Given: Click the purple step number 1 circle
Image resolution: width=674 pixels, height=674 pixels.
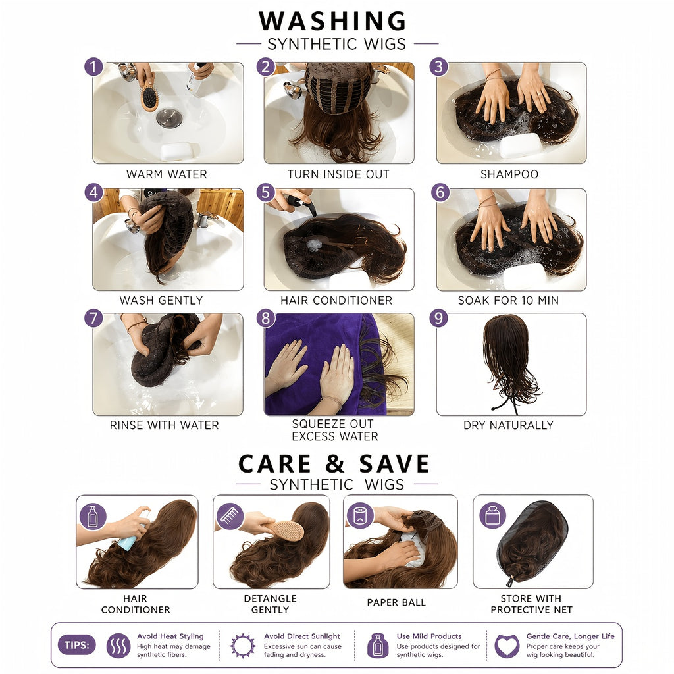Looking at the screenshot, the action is [93, 66].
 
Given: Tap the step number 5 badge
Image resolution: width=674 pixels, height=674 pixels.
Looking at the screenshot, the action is [266, 192].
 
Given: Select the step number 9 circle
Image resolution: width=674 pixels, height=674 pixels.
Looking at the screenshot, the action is [438, 318].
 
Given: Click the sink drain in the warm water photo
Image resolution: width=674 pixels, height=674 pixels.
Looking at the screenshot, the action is [169, 118].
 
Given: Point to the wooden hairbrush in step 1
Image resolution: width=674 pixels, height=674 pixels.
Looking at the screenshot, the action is [149, 97].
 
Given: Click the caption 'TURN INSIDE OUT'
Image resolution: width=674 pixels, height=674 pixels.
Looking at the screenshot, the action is [338, 174].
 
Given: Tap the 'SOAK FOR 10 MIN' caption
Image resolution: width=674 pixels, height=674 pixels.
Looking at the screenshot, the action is [508, 300].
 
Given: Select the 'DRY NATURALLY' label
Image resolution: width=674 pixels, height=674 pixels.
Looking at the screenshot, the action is [508, 425].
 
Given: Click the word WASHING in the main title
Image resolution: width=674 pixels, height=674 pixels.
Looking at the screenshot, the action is [332, 20].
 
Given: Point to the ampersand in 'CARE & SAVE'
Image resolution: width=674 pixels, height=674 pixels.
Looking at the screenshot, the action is [335, 463].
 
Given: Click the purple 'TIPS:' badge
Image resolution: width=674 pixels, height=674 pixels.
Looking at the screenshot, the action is [77, 645].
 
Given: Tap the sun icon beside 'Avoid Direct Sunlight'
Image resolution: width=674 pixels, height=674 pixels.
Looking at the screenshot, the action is [243, 646].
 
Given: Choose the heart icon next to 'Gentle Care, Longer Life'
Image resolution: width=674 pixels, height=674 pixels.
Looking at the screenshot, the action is [507, 646].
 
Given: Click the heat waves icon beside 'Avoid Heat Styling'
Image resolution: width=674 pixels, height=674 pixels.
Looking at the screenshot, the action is [118, 646].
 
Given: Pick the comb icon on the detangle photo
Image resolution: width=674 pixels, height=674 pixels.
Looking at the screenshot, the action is [230, 516].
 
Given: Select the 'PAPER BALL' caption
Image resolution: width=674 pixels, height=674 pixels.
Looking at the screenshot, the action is [396, 603].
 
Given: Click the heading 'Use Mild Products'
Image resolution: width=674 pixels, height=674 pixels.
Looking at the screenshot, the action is [429, 636].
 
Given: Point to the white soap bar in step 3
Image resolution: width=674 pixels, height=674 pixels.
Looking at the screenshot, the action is [521, 145].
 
